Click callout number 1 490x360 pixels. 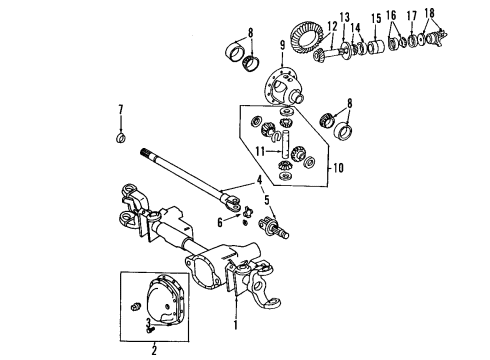click(235, 325)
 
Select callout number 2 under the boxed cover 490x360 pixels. click(154, 350)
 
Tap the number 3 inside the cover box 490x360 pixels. click(146, 321)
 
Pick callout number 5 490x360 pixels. click(267, 199)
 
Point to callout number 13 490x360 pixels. click(345, 17)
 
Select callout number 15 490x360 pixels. click(376, 18)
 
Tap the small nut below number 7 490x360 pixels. click(121, 136)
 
